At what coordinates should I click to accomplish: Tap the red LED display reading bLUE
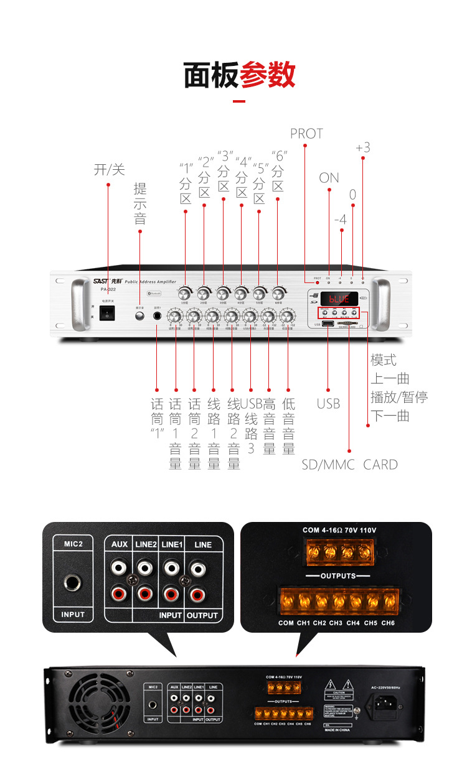(339, 299)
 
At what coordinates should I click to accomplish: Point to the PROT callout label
(306, 134)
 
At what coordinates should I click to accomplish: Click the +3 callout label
(362, 147)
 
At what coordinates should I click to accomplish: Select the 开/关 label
(109, 170)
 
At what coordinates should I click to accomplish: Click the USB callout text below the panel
(328, 404)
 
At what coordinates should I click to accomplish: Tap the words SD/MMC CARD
(349, 464)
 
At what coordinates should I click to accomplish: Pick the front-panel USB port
(327, 324)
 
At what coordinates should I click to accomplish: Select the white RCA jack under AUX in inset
(120, 567)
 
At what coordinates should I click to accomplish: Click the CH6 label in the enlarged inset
(387, 623)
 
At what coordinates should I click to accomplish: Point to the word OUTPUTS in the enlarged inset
(338, 576)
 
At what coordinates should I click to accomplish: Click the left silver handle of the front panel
(78, 305)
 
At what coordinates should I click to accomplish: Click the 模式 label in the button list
(384, 360)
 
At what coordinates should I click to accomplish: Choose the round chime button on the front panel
(139, 316)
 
